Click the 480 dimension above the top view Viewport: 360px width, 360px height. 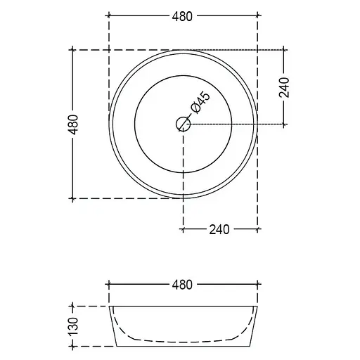tap(182, 16)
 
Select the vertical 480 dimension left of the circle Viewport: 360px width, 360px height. tap(74, 124)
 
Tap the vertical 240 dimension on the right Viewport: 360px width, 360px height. tap(284, 87)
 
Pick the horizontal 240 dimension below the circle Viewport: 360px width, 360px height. tap(219, 229)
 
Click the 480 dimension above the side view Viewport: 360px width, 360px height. tap(182, 285)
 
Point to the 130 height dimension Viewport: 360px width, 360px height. tap(74, 326)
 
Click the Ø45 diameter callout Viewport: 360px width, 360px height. tap(200, 103)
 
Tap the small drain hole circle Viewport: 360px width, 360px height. tap(184, 124)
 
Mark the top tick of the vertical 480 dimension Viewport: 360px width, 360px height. tap(72, 50)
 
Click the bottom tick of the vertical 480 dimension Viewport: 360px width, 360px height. tap(72, 199)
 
